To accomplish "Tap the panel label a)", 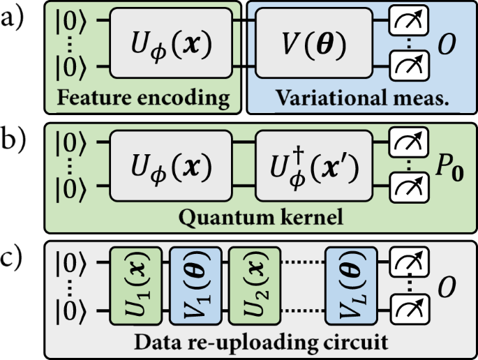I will click(18, 18).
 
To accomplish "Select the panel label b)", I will click(18, 140).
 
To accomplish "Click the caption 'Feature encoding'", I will click(144, 98).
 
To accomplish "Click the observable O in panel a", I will click(447, 45).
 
